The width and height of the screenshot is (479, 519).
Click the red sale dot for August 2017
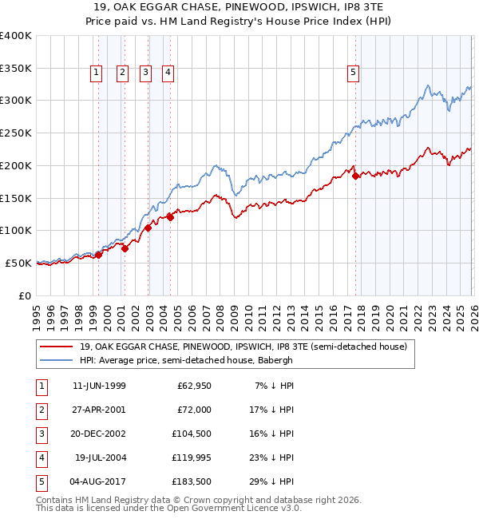[x=355, y=176]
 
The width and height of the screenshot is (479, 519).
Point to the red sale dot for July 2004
[x=170, y=216]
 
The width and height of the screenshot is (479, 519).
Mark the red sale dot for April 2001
[x=125, y=248]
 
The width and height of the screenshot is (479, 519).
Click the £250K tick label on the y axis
[x=16, y=133]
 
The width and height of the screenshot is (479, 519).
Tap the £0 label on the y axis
[x=23, y=295]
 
